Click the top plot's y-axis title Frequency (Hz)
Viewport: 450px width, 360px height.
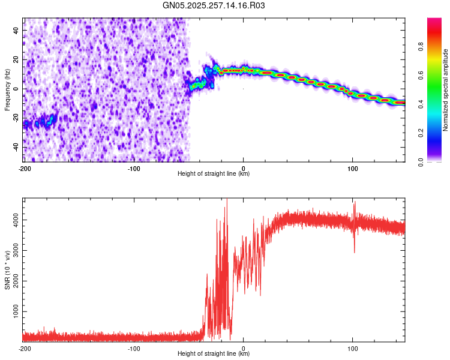pyautogui.click(x=8, y=89)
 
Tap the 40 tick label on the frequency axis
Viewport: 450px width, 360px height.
pyautogui.click(x=16, y=30)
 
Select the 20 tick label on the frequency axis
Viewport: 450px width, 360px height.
pyautogui.click(x=16, y=59)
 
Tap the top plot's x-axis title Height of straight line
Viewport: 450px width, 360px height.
pyautogui.click(x=214, y=174)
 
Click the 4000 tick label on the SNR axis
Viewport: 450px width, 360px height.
pyautogui.click(x=13, y=220)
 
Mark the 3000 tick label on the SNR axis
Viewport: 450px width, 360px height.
pyautogui.click(x=13, y=251)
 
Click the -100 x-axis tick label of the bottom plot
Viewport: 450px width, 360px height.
pyautogui.click(x=134, y=349)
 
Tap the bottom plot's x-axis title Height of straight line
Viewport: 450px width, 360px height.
pyautogui.click(x=214, y=354)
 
